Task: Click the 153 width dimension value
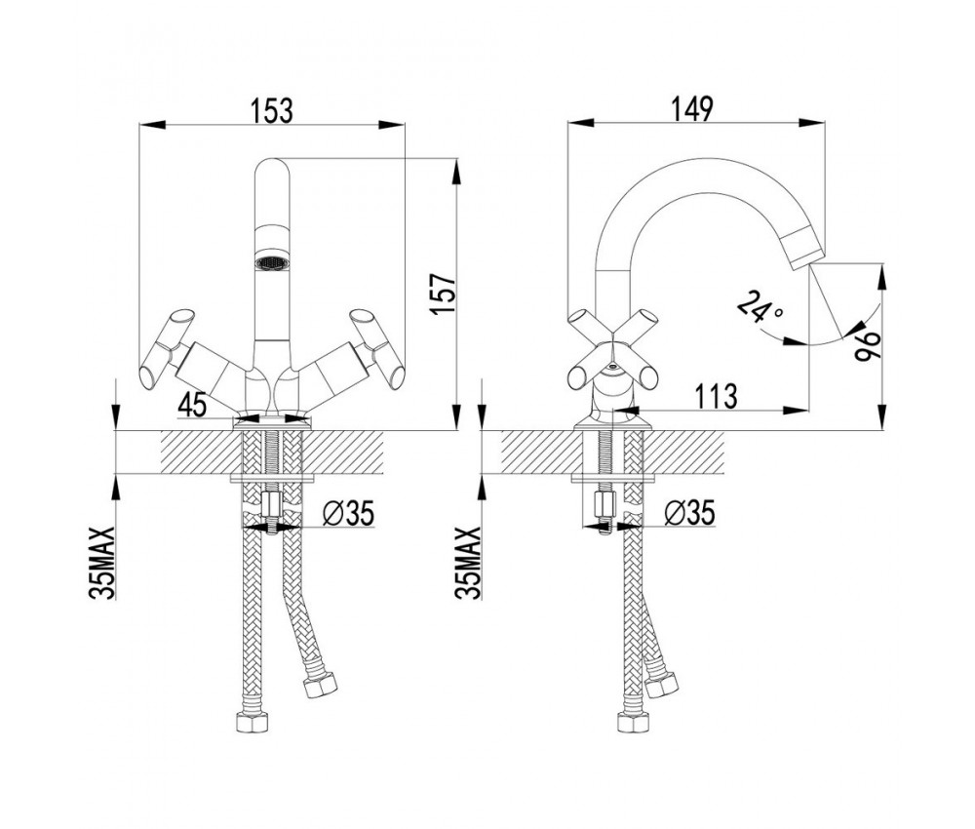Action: point(271,109)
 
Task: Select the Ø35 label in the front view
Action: point(347,514)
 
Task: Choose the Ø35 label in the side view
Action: point(689,514)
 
